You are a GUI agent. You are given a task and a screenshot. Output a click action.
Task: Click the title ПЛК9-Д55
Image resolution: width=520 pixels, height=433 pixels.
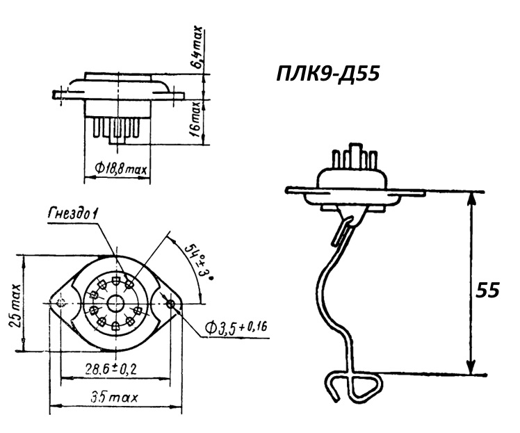pyautogui.click(x=327, y=74)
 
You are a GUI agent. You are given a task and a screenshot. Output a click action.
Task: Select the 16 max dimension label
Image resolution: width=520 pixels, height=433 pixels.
pyautogui.click(x=196, y=120)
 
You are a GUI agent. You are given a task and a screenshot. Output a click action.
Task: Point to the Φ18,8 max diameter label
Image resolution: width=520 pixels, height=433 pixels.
pyautogui.click(x=120, y=169)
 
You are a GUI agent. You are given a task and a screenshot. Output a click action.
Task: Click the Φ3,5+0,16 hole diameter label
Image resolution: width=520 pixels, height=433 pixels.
pyautogui.click(x=236, y=327)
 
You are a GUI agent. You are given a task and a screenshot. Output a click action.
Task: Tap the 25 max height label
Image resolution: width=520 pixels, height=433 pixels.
pyautogui.click(x=15, y=305)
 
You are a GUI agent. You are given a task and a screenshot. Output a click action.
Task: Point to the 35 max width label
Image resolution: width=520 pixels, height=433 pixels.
pyautogui.click(x=114, y=397)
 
